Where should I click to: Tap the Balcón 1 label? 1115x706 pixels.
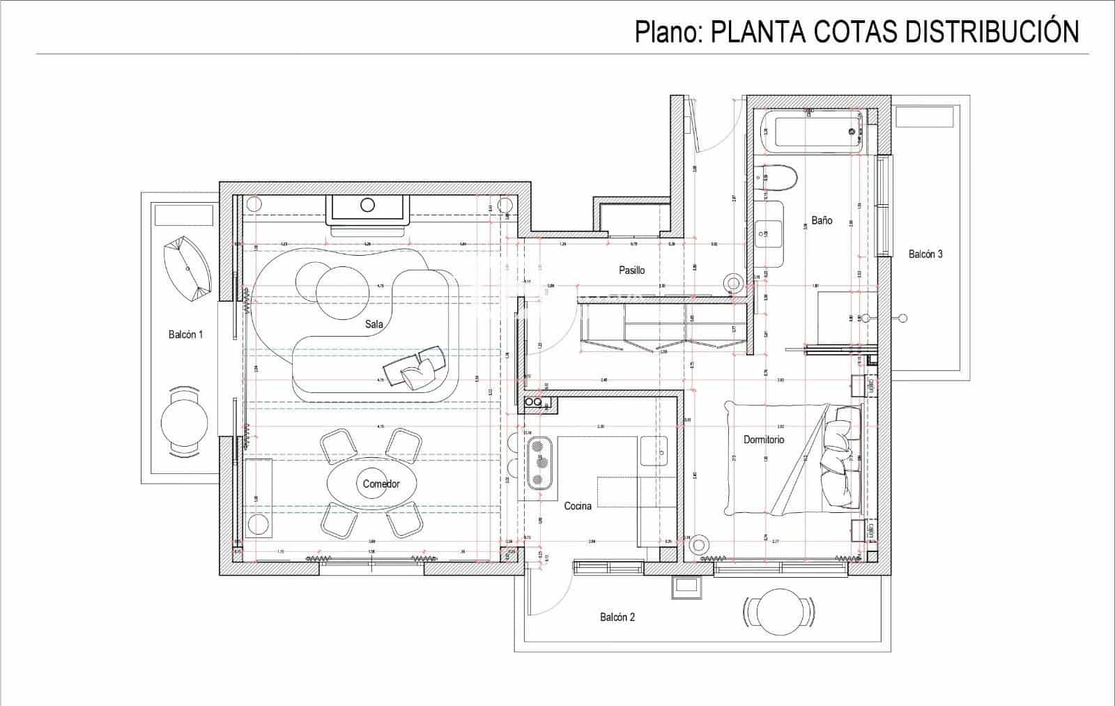pyautogui.click(x=185, y=335)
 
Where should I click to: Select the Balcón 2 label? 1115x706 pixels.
pyautogui.click(x=617, y=617)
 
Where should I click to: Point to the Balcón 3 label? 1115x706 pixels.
pyautogui.click(x=925, y=254)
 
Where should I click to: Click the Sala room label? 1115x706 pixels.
pyautogui.click(x=374, y=323)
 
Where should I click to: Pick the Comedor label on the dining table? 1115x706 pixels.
pyautogui.click(x=380, y=484)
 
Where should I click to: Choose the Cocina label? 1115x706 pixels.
pyautogui.click(x=577, y=506)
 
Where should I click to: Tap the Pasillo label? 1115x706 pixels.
pyautogui.click(x=631, y=270)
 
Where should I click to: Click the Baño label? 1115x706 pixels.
pyautogui.click(x=821, y=220)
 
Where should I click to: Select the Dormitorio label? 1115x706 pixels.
pyautogui.click(x=763, y=439)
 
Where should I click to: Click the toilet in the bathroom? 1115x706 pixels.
pyautogui.click(x=780, y=178)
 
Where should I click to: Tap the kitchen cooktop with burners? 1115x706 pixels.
pyautogui.click(x=539, y=462)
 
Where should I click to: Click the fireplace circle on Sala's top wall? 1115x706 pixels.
pyautogui.click(x=367, y=205)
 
